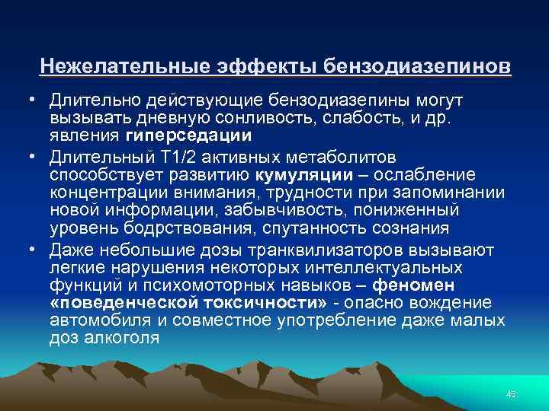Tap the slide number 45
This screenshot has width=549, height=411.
coord(511,393)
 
